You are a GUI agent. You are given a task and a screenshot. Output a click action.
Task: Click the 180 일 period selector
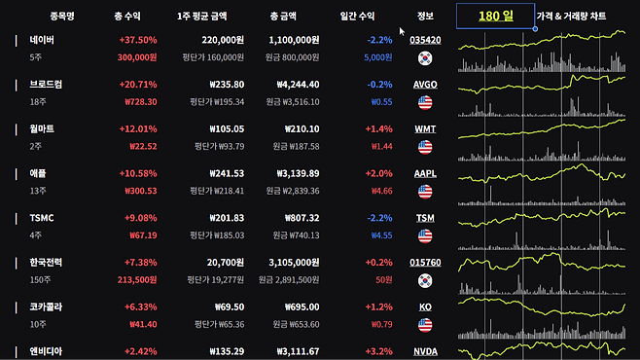[x=495, y=16]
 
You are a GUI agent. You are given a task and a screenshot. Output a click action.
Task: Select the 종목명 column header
[x=62, y=16]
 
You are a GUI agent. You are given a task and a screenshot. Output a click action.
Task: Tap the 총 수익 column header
[x=127, y=16]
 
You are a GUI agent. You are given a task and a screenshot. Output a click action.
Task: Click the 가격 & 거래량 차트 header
[x=571, y=16]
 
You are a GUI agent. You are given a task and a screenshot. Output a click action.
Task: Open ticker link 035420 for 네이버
[x=425, y=40]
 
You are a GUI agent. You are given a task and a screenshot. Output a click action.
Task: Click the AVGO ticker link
[x=425, y=85]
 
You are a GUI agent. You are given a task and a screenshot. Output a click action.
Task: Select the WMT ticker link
[x=425, y=129]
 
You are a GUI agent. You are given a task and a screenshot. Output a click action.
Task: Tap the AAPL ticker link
[x=425, y=173]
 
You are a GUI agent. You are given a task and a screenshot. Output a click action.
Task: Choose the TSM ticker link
[x=425, y=218]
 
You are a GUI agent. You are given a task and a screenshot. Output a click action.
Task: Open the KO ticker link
[x=425, y=306]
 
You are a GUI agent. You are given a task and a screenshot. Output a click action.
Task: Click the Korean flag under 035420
[x=425, y=58]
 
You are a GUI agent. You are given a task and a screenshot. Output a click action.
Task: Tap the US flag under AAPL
[x=425, y=192]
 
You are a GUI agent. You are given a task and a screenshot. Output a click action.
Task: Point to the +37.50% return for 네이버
[x=138, y=40]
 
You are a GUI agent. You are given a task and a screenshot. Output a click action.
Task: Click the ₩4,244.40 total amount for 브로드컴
[x=298, y=85]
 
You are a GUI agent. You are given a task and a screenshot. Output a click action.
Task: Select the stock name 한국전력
[x=46, y=262]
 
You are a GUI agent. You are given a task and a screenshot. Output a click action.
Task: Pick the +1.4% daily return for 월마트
[x=378, y=129]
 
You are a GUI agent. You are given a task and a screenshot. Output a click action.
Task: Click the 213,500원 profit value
[x=137, y=280]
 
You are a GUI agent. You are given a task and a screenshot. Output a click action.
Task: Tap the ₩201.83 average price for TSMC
[x=227, y=218]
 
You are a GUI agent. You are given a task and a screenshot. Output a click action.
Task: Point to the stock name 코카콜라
[x=46, y=306]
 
